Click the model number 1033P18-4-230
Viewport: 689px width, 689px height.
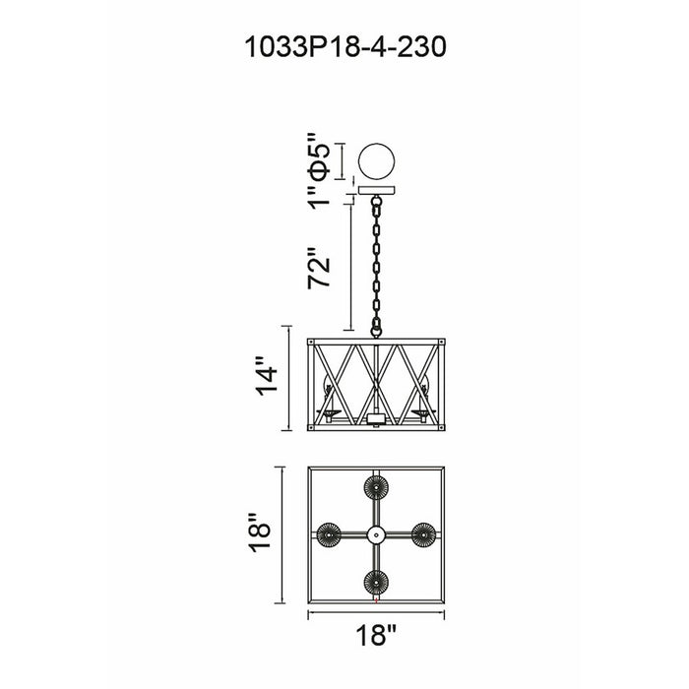pos(345,47)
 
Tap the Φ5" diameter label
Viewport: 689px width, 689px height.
pos(318,157)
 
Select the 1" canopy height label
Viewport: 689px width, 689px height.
pos(318,197)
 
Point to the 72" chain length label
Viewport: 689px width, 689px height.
pos(318,268)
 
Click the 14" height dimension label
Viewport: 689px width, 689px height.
pos(267,376)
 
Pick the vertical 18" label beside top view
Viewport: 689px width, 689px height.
pos(260,532)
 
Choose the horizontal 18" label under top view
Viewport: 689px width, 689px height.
pos(376,635)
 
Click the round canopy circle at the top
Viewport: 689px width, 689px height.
pos(377,161)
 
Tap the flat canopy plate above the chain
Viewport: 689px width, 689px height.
pos(377,190)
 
